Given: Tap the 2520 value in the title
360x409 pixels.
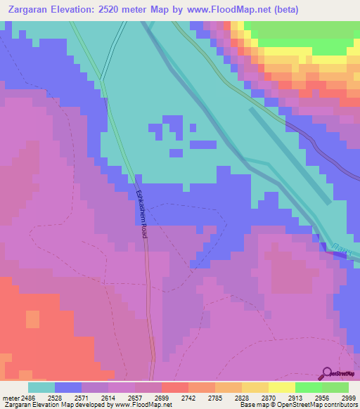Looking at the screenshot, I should click(125, 10).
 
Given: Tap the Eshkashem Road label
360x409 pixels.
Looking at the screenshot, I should click(140, 215).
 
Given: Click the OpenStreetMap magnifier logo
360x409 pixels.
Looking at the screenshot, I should click(328, 373).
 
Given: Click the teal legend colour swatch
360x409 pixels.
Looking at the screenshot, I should click(41, 387).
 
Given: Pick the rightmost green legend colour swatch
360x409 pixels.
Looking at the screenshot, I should click(335, 387).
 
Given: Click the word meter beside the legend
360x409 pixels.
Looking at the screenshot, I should click(11, 397).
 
